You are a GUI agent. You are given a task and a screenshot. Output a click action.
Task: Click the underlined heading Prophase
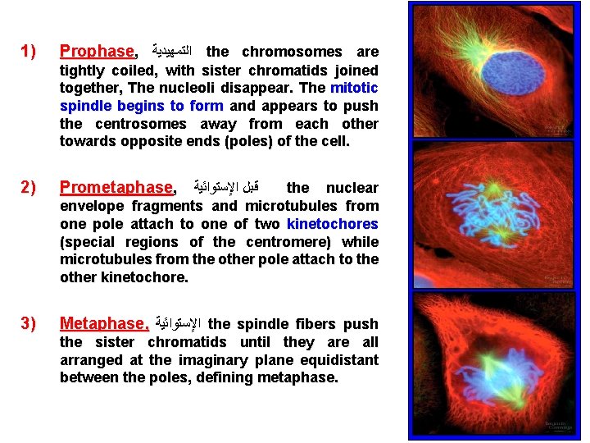pos(97,52)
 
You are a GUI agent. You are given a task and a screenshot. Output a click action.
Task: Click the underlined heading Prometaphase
pos(117,188)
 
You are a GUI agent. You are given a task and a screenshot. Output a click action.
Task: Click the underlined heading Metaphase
pos(104,324)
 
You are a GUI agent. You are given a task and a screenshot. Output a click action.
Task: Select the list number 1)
pos(29,52)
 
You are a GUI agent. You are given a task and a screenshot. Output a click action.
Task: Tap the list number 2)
pos(29,188)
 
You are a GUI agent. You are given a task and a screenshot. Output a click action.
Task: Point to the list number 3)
pos(29,324)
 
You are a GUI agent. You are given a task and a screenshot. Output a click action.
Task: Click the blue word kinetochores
pos(333,224)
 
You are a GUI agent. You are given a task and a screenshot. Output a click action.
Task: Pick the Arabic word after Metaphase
pos(178,325)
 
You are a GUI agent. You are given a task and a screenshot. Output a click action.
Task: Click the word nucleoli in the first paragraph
pos(252,88)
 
